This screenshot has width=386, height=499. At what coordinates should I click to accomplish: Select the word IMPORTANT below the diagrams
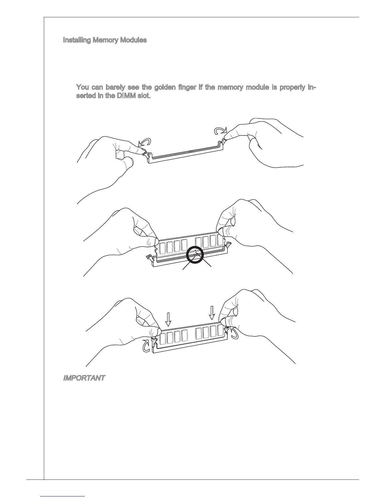point(84,378)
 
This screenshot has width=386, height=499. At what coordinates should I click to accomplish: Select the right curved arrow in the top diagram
point(220,130)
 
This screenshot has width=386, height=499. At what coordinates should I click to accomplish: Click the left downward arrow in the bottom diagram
point(169,319)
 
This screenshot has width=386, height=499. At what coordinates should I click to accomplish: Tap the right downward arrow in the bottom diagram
point(212,313)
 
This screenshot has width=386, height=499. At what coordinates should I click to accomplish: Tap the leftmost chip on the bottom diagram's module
point(163,338)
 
